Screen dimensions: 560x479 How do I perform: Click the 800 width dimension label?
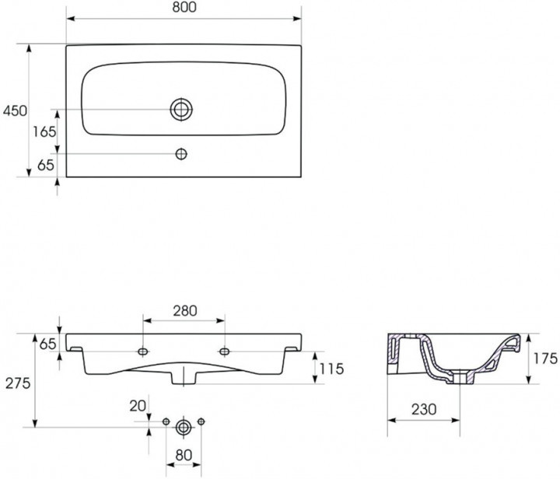(x=184, y=7)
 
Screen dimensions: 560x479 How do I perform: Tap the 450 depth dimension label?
(x=15, y=111)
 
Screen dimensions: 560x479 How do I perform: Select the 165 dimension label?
(x=44, y=132)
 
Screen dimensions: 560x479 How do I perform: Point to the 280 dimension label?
(x=185, y=311)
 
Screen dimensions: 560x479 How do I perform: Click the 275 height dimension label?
(x=18, y=383)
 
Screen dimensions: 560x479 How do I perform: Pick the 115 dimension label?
(x=331, y=369)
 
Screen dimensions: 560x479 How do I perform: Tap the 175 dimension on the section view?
(x=545, y=358)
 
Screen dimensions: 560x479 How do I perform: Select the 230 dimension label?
(x=424, y=409)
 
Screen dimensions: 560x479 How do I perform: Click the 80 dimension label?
(x=184, y=455)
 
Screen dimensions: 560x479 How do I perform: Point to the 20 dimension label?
(x=138, y=406)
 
